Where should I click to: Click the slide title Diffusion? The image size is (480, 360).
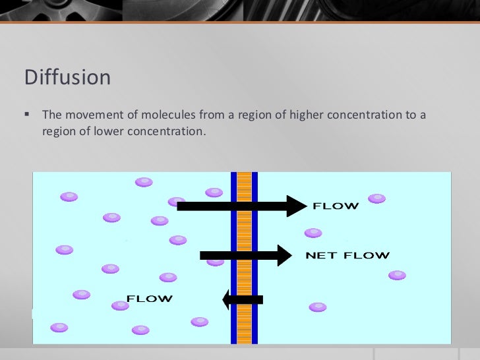67,78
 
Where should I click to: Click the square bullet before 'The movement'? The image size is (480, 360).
28,115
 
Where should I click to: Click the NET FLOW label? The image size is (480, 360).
347,255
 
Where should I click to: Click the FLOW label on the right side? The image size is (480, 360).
336,206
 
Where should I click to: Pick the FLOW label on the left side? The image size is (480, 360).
150,299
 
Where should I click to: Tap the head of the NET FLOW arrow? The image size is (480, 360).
284,255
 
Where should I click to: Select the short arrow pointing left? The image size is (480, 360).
242,299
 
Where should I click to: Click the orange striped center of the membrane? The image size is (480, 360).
244,257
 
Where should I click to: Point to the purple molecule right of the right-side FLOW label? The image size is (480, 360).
376,198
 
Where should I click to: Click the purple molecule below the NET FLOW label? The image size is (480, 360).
397,275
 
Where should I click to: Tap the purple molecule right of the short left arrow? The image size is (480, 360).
318,307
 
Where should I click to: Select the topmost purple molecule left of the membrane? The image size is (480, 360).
144,181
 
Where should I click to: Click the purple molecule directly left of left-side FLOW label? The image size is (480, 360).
121,305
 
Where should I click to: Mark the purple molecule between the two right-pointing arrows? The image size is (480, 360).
313,233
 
